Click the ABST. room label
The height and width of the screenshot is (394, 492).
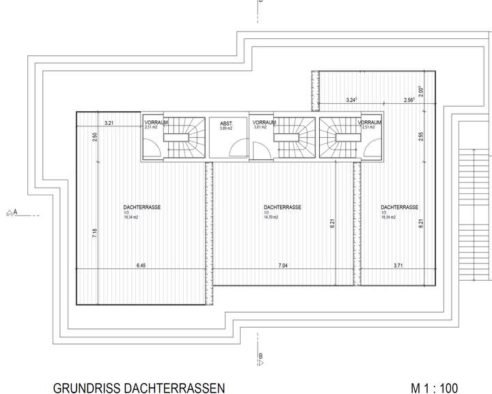pos(226,123)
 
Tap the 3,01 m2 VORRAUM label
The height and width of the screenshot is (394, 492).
pos(260,128)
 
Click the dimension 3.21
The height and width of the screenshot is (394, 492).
pos(108,123)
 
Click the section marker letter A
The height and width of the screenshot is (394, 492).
pos(15,212)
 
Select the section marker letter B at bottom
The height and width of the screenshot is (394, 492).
pos(260,356)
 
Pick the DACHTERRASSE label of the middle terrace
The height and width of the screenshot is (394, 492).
pos(282,207)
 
